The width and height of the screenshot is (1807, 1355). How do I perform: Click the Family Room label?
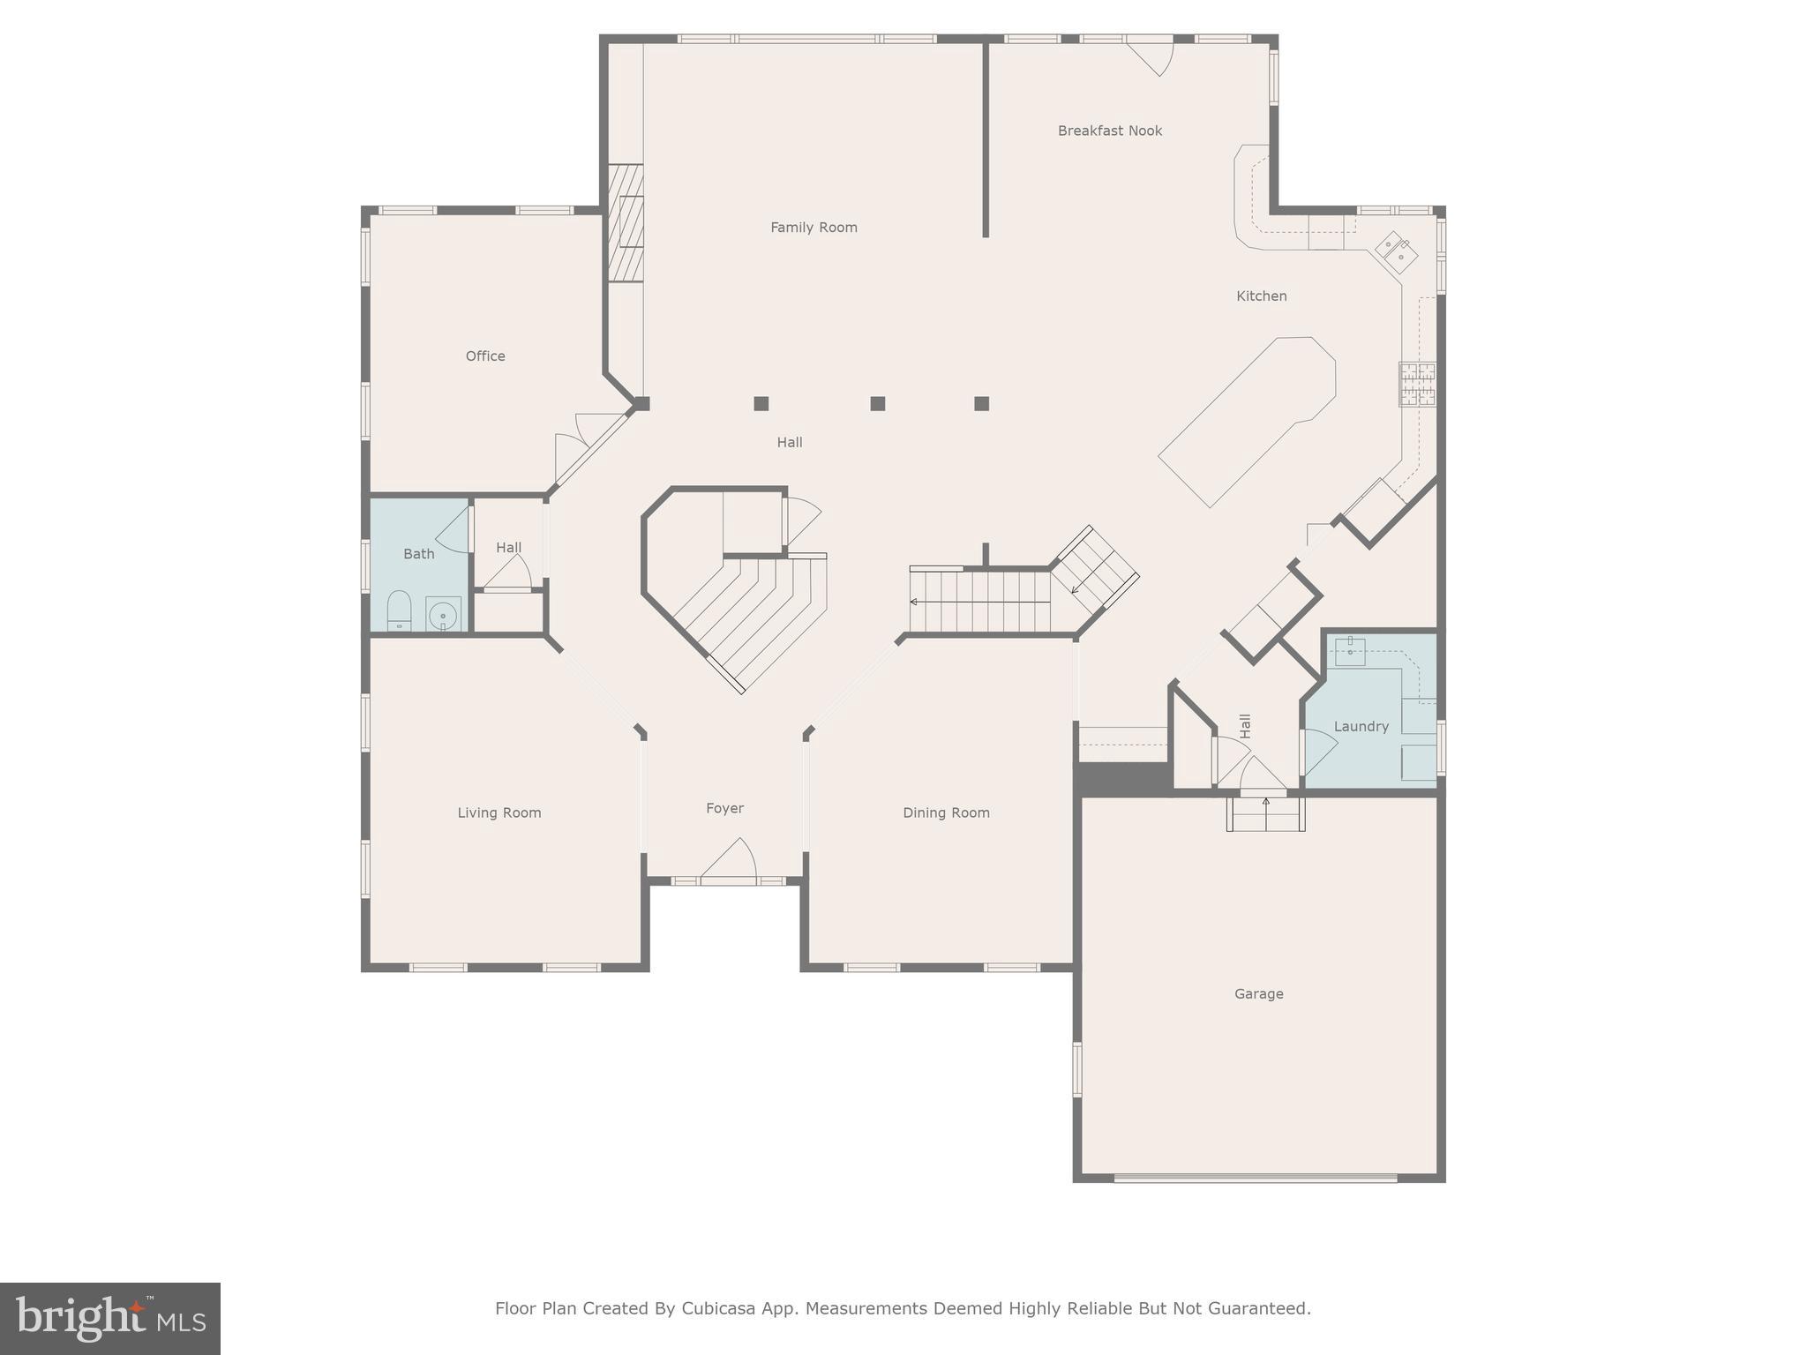pos(814,228)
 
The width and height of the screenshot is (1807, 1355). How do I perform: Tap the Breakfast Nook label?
pos(1109,131)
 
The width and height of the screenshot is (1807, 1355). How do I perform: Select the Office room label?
pos(485,356)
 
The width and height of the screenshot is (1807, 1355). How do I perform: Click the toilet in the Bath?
pos(399,610)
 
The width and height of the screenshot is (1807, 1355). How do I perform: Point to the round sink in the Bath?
pos(443,613)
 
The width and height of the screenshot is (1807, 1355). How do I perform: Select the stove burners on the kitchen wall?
pos(1416,384)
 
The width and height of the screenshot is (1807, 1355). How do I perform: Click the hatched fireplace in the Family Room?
pos(625,223)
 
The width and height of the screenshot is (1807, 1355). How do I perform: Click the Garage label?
pos(1258,994)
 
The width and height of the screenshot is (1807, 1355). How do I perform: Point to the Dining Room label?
pos(946,813)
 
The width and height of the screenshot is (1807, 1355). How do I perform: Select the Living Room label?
pos(499,813)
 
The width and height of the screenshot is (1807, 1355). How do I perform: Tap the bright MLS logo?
pos(110,1319)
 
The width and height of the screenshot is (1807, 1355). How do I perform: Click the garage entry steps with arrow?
pos(1265,813)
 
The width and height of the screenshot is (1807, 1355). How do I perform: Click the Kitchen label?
pos(1261,296)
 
